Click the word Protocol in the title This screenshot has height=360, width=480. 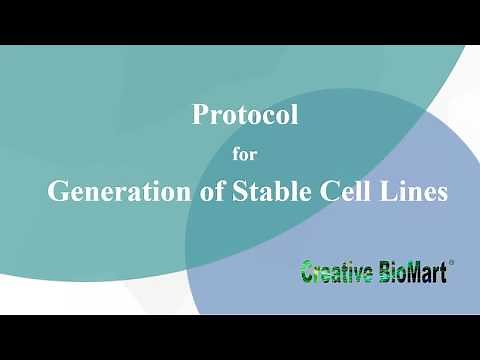tap(245, 115)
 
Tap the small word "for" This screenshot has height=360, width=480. tap(245, 155)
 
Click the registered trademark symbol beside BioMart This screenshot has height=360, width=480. tap(452, 264)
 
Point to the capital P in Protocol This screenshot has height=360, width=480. tap(200, 115)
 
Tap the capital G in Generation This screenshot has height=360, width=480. tap(58, 192)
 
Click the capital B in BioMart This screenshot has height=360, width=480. tap(385, 271)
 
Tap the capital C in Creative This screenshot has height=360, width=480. tap(308, 271)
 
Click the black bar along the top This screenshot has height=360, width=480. tap(240, 22)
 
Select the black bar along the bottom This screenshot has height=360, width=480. tap(240, 337)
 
